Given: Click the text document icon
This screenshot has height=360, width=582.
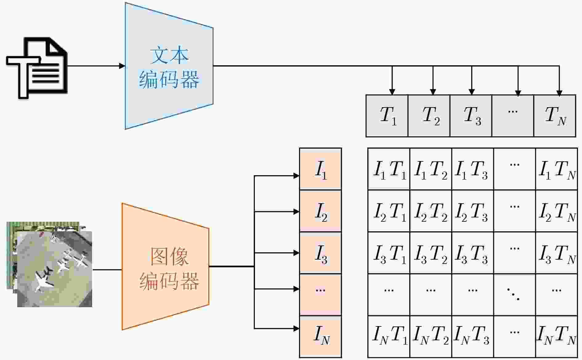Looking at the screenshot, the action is (37, 68).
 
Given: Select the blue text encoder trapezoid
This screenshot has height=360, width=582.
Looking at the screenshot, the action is (169, 66).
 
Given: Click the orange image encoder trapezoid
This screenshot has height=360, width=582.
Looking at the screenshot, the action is (165, 266).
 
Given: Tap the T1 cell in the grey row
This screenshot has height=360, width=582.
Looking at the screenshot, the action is (387, 116).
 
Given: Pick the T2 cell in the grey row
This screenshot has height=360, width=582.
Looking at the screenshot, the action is (429, 116).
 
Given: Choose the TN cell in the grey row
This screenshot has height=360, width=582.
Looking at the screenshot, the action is (555, 116).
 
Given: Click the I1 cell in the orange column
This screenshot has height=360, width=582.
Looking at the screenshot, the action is (321, 169).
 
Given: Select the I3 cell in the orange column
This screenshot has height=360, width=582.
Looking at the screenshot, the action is (321, 253).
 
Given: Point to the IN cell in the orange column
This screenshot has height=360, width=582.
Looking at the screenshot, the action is (321, 337).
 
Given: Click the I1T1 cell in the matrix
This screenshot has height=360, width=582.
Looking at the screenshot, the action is (389, 169).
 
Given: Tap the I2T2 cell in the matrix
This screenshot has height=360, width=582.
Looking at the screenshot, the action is (431, 211).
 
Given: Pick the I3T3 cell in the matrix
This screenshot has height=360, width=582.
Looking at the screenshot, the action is (473, 253).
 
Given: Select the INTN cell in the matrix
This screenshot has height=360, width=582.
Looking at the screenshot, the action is (556, 337).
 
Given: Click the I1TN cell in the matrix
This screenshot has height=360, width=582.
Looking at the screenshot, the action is (556, 169).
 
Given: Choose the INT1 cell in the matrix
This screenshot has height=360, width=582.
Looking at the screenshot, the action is (389, 337).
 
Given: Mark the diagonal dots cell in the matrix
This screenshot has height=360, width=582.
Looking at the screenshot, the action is (515, 295).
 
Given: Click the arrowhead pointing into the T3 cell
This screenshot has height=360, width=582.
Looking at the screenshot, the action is (471, 92).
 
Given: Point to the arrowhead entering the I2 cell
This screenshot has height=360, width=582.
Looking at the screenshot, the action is (296, 212).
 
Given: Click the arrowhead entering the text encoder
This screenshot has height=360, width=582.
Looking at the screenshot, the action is (122, 66).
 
